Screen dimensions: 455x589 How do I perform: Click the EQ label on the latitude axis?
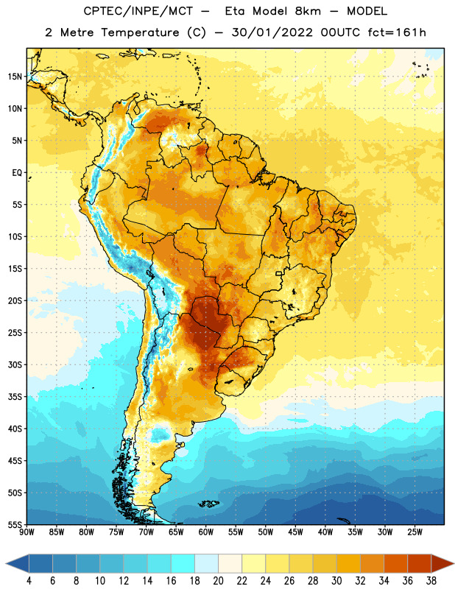point(17,173)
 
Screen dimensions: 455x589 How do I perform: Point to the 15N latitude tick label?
point(15,77)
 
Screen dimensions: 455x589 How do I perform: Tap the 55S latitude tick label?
point(15,524)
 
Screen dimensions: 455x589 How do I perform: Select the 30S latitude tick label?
point(15,364)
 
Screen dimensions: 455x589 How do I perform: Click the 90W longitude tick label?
point(27,532)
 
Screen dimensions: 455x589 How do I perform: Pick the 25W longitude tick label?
point(415,532)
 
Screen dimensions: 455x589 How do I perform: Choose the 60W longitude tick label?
point(206,532)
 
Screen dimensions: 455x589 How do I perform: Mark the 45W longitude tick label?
point(295,532)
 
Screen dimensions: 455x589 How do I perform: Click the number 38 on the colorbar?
point(431,581)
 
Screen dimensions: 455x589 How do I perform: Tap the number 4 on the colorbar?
point(29,581)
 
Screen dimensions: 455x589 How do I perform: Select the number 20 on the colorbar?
point(218,581)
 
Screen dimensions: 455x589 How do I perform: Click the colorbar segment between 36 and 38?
point(420,564)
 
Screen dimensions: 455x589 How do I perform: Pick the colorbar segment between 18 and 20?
point(206,564)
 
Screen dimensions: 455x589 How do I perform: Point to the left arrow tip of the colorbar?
point(6,564)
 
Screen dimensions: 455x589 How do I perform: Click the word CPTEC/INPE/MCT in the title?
point(138,11)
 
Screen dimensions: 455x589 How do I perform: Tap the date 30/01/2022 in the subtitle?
point(272,32)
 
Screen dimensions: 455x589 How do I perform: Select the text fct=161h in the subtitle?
point(397,32)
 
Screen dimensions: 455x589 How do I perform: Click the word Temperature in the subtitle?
point(140,32)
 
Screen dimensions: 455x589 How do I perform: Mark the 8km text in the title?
point(308,11)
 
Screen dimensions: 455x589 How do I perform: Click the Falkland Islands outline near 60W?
point(208,504)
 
